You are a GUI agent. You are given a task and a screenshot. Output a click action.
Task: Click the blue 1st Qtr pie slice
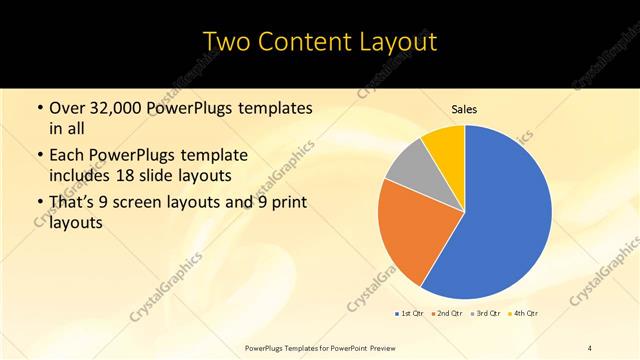click(500, 220)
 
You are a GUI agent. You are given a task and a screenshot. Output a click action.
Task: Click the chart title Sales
click(465, 109)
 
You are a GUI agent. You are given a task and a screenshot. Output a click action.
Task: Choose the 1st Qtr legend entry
click(410, 313)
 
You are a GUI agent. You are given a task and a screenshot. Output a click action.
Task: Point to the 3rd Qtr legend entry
click(486, 313)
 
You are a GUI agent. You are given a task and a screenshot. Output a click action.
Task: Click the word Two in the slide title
click(228, 41)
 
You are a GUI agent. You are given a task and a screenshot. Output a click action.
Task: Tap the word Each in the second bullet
click(69, 155)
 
